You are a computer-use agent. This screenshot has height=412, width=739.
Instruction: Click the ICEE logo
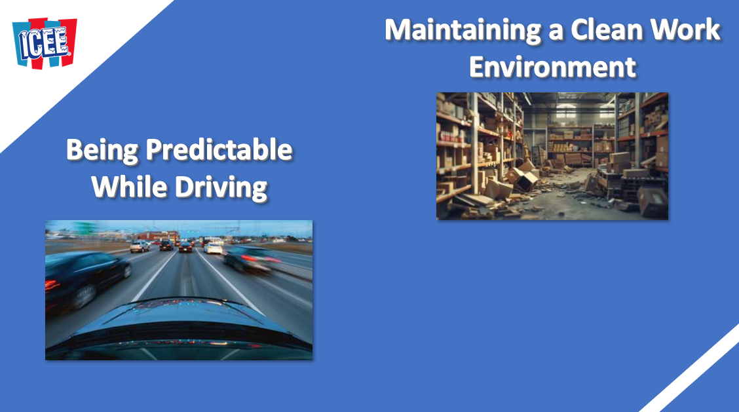pos(45,43)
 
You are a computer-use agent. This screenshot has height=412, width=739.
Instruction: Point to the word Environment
pos(552,66)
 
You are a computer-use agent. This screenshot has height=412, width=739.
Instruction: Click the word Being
pos(102,151)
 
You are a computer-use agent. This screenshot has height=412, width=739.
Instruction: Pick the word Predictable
pos(219,149)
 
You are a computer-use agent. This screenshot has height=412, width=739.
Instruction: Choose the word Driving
pos(221,187)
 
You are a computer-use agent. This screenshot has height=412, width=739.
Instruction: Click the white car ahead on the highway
pos(214,248)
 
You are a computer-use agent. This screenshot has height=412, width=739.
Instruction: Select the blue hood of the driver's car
pos(179,326)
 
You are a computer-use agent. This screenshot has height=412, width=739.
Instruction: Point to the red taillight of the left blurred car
pos(52,285)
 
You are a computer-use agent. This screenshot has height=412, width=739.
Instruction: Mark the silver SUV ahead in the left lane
pos(140,246)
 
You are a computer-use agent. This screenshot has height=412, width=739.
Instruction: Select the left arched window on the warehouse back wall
pos(566,112)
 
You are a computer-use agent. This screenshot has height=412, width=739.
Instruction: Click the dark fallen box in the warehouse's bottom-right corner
pos(653,201)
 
